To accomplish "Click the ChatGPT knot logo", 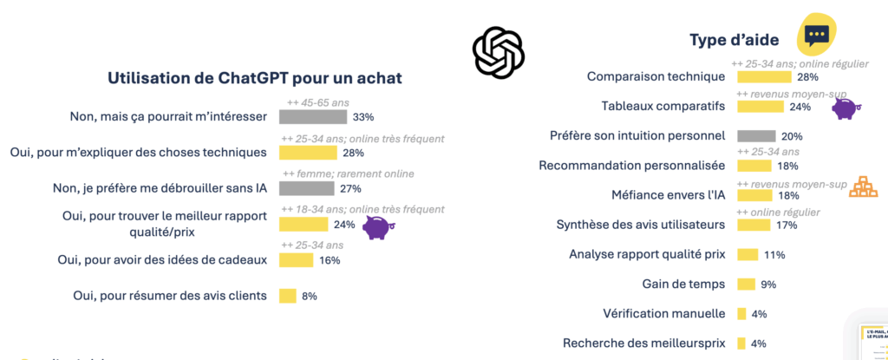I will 499,51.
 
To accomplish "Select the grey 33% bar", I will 313,116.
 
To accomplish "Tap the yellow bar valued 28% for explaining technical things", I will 308,153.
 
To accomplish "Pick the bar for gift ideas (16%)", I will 296,260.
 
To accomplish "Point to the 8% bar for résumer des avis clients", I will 287,296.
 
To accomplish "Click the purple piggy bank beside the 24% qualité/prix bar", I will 376,227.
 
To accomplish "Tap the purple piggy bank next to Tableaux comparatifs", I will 844,108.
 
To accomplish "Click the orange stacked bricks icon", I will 862,187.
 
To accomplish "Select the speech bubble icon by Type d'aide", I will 816,35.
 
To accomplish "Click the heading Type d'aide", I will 734,40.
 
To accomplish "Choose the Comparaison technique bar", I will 764,76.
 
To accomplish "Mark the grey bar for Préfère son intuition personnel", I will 756,136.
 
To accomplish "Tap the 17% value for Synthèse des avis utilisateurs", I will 787,226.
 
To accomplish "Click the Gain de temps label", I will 683,284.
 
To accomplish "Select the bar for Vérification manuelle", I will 741,313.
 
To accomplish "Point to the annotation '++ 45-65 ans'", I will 317,102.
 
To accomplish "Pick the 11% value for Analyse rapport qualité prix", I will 774,255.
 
